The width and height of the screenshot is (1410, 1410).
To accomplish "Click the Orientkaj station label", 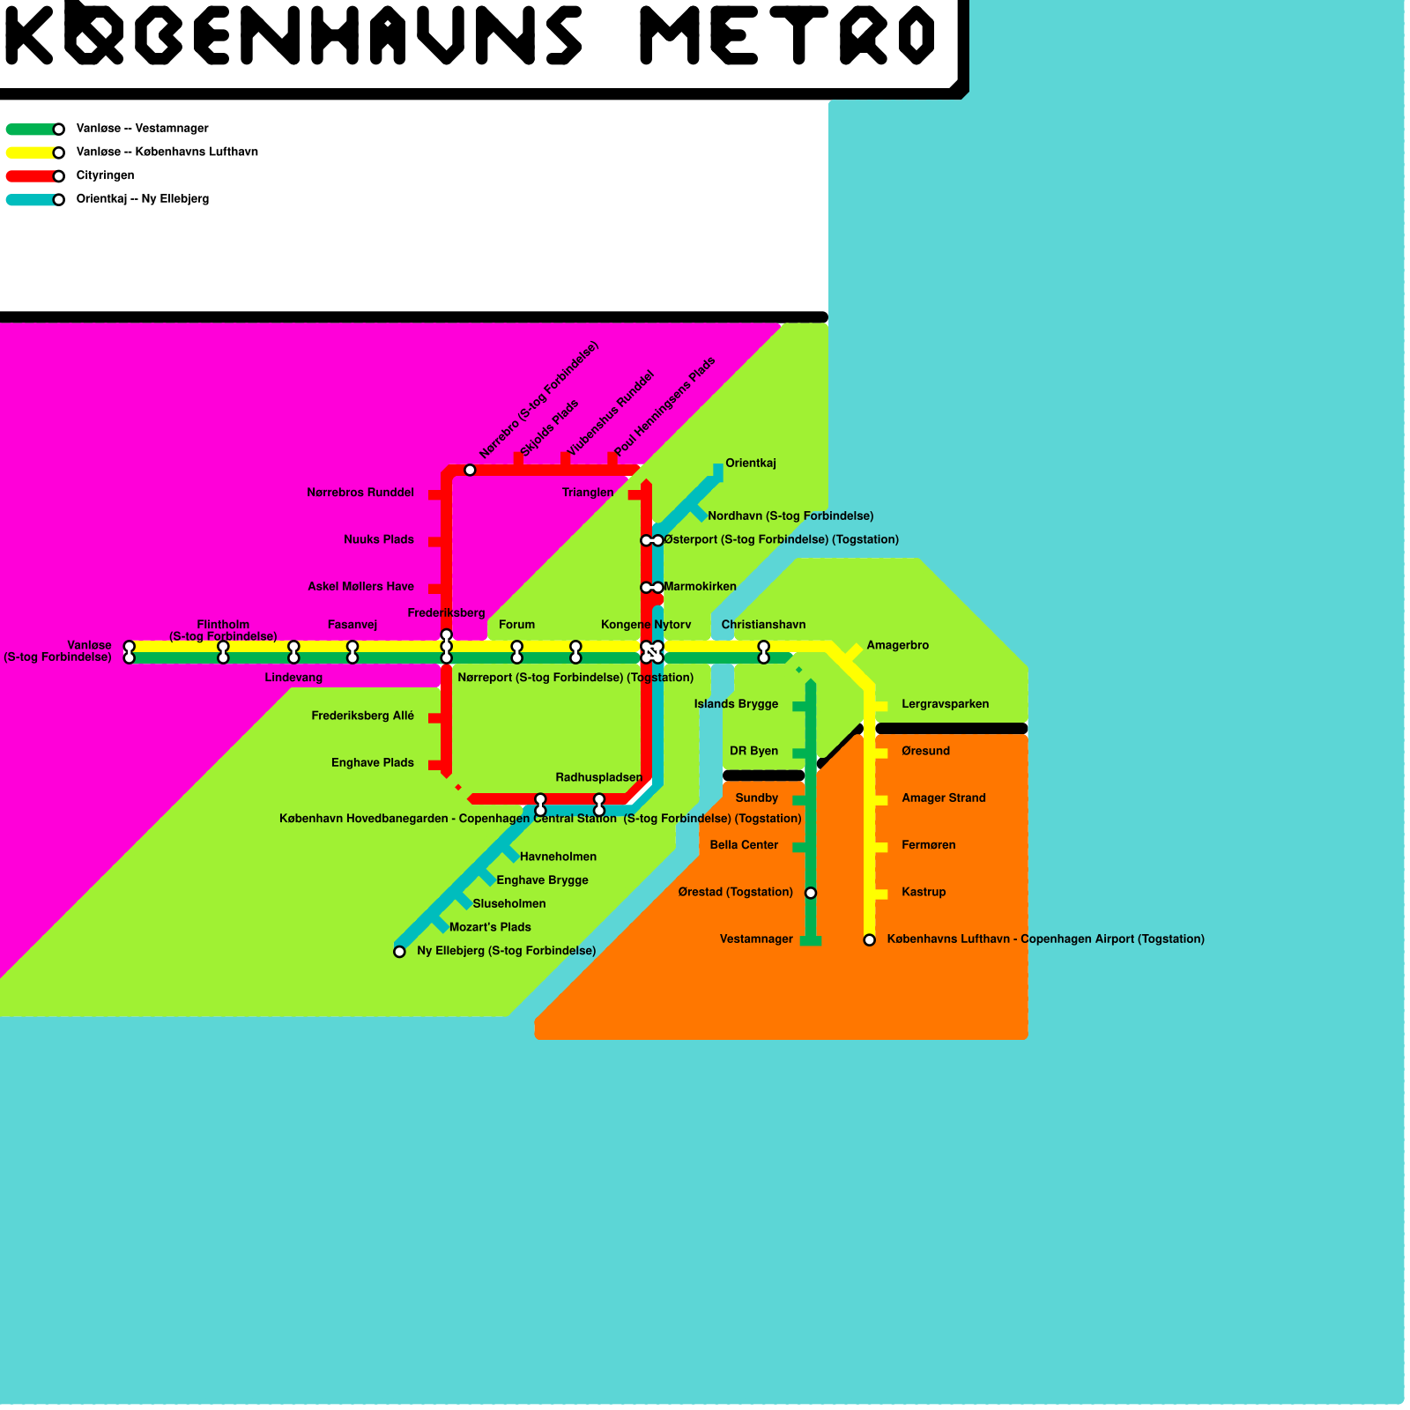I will click(x=750, y=464).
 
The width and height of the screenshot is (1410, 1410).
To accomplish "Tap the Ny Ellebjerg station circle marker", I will click(x=399, y=952).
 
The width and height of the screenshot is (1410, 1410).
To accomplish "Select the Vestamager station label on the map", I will click(x=756, y=939).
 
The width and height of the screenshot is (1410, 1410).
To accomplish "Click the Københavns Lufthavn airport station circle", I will click(x=870, y=940).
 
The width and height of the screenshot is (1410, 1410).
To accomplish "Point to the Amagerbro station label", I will click(x=897, y=646).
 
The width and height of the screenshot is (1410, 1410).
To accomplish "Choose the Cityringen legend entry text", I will click(x=105, y=175).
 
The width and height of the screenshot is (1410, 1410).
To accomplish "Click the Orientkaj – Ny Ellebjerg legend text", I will click(x=143, y=199).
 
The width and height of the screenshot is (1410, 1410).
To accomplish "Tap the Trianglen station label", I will click(x=588, y=493).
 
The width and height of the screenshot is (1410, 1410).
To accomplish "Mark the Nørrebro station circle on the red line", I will click(x=470, y=470).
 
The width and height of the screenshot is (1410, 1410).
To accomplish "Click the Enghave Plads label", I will click(x=372, y=763).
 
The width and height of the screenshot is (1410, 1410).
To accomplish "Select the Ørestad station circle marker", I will click(x=811, y=893).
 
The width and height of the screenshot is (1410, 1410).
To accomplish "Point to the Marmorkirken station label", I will click(x=700, y=587).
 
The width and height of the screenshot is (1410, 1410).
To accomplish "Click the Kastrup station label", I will click(x=924, y=893).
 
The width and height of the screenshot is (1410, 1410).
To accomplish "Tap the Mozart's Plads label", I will click(x=490, y=928).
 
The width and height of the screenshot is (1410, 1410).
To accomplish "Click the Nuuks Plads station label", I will click(x=379, y=540).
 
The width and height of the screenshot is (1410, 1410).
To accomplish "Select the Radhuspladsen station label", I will click(x=598, y=778).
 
